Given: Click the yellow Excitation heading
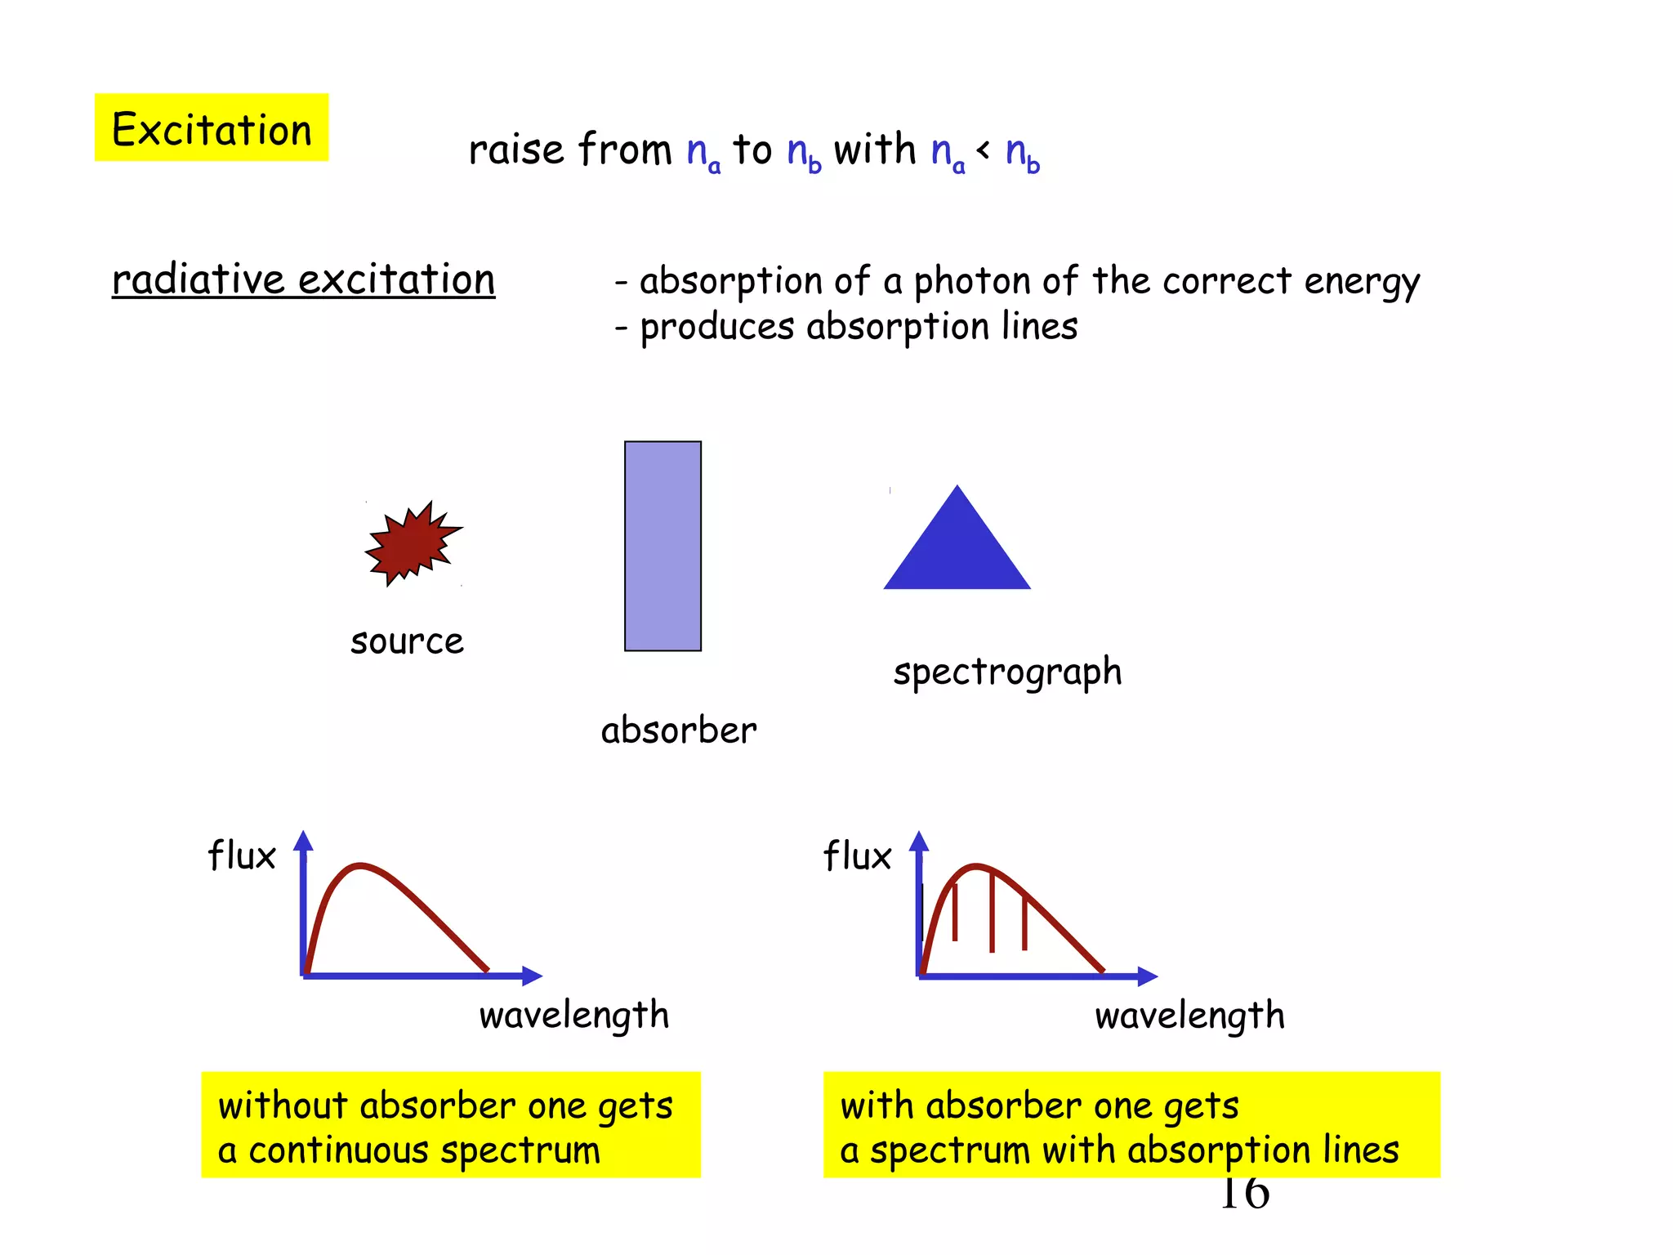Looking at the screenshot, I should [x=212, y=128].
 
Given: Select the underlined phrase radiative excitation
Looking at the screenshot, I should [x=303, y=280].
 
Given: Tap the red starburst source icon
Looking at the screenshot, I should [x=412, y=543].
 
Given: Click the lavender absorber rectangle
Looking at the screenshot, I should [x=663, y=546].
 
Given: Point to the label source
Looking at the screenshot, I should [x=407, y=641].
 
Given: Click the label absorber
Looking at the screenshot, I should [x=678, y=730].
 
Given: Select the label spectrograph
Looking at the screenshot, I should [x=1007, y=672].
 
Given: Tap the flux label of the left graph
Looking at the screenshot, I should [x=242, y=855].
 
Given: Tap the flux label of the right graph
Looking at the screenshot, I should [x=857, y=855].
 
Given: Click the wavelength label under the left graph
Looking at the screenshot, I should [x=573, y=1016].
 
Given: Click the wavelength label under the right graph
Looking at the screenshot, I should [x=1189, y=1016].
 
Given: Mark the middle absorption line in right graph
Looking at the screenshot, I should [x=992, y=911].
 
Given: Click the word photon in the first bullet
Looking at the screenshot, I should [x=972, y=282].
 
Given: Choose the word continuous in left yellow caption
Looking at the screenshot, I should [x=339, y=1150].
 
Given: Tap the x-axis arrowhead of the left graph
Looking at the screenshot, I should [x=533, y=976].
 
